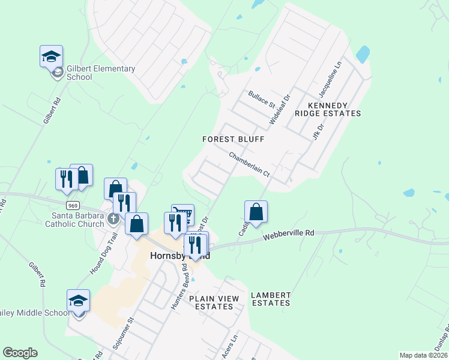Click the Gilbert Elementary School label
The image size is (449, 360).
tap(101, 73)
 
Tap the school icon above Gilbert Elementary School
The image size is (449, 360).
tap(52, 56)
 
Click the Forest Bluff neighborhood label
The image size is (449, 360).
tap(233, 139)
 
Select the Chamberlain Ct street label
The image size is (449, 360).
tap(250, 164)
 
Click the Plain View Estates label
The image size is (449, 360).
tap(214, 302)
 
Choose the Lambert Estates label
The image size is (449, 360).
tap(271, 299)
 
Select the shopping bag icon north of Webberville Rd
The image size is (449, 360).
tap(256, 212)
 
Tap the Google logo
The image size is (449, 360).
tap(20, 353)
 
